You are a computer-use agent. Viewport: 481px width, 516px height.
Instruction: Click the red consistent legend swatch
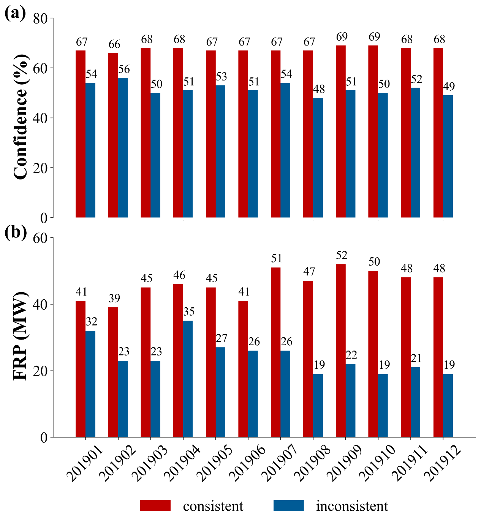click(x=155, y=505)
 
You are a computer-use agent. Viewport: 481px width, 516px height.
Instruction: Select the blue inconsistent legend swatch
click(x=289, y=505)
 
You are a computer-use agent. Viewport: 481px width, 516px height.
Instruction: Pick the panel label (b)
click(x=16, y=232)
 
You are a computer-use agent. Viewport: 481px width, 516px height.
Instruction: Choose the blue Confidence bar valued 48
click(x=318, y=157)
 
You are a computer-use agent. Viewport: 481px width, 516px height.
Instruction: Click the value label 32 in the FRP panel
click(x=92, y=322)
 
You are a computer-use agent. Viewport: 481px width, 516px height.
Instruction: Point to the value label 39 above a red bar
click(x=114, y=299)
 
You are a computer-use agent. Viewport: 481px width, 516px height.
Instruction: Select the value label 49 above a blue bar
click(x=449, y=87)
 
